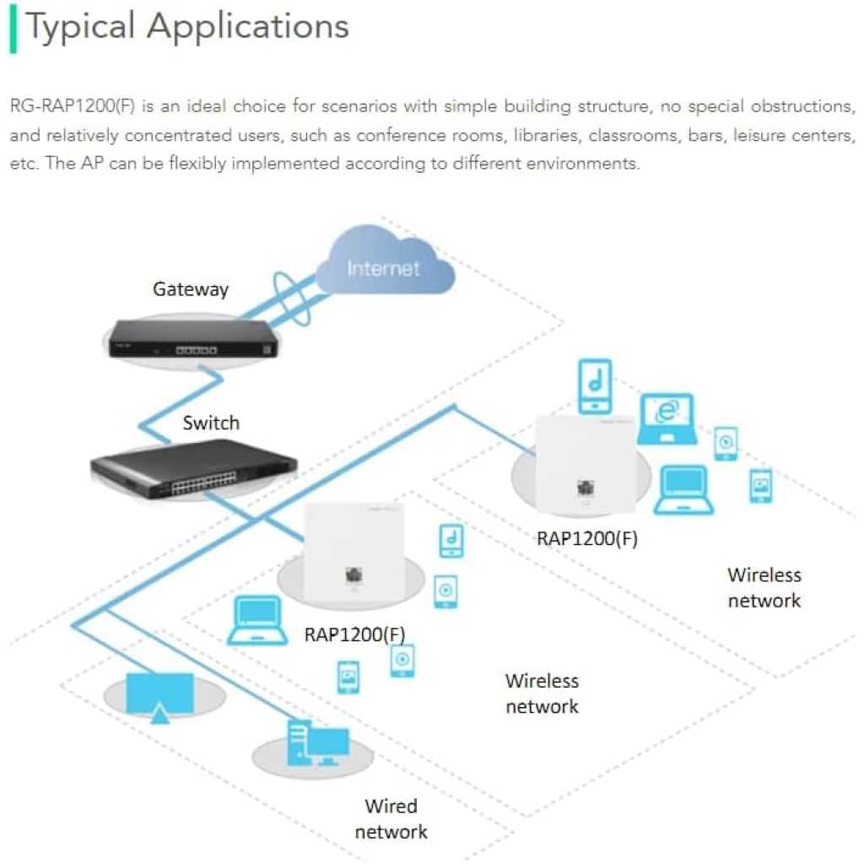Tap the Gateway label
(x=191, y=289)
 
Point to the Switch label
(x=211, y=423)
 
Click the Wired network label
(x=391, y=819)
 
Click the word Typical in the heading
(x=81, y=27)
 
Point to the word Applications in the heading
(x=248, y=27)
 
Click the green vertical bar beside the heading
(x=13, y=29)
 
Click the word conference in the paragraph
(x=397, y=135)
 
